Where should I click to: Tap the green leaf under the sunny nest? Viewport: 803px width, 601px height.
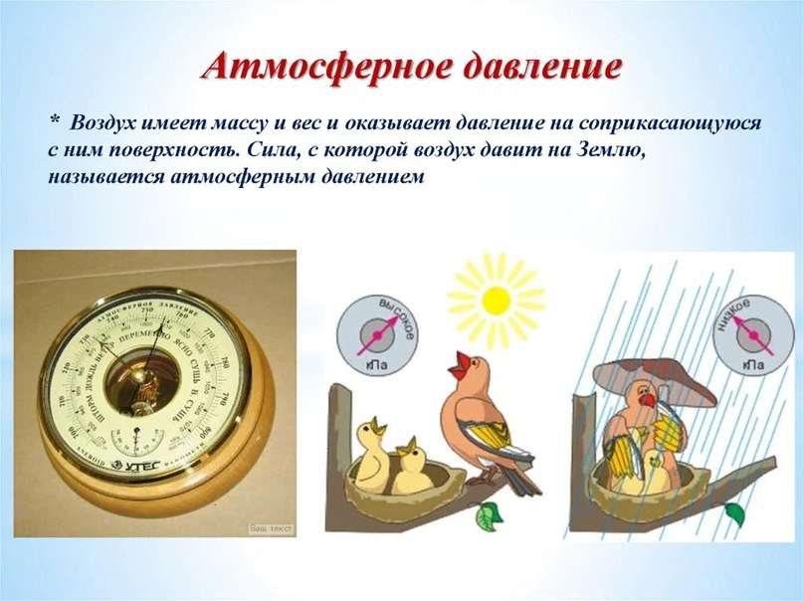489,515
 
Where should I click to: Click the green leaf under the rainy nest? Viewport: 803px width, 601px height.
735,513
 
